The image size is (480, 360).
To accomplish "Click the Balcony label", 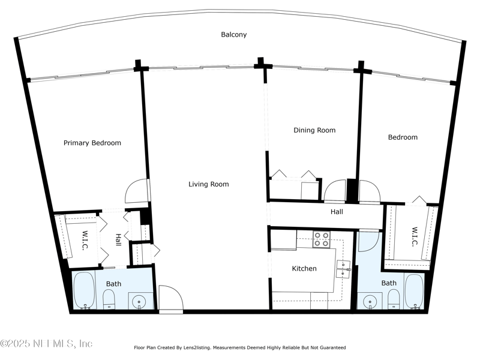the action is tap(234, 35).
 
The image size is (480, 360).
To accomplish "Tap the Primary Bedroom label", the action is tap(92, 143).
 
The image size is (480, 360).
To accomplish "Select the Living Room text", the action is tap(208, 184).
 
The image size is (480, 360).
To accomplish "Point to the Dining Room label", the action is tap(314, 130).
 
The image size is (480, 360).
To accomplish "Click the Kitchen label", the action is tap(304, 268).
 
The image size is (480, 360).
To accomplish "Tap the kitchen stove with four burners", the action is tap(322, 239).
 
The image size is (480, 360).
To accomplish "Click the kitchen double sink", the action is tap(343, 269).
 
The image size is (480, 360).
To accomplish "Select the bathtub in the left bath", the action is tap(84, 290).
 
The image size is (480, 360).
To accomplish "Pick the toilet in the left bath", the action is tap(109, 299).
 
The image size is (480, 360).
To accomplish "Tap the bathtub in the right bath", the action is tap(414, 292).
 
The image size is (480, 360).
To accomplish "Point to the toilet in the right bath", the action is tap(394, 299).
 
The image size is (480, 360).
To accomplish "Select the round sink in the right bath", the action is tap(370, 301).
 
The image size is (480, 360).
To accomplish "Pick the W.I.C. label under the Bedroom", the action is tap(414, 236).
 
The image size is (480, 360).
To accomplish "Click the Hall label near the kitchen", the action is tap(337, 212).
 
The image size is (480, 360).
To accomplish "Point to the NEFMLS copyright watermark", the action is tap(46, 343).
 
